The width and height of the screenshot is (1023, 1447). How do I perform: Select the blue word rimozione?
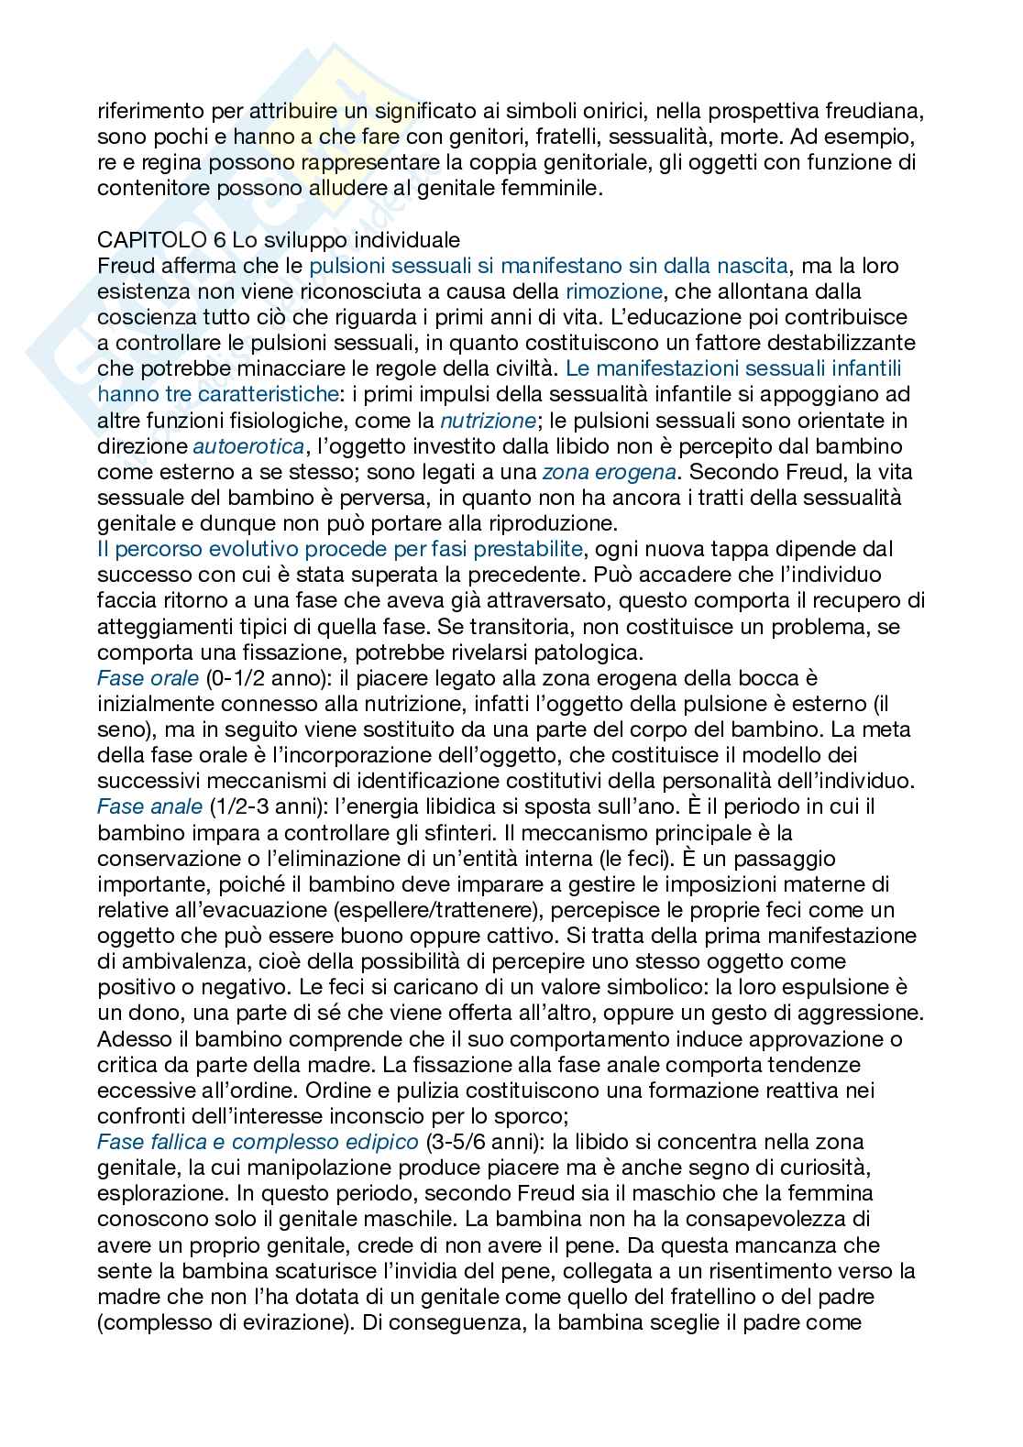(613, 291)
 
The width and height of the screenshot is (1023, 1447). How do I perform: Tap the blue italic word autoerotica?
(248, 446)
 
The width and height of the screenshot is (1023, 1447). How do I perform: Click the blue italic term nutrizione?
(488, 421)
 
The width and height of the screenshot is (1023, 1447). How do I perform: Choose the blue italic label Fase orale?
(148, 678)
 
